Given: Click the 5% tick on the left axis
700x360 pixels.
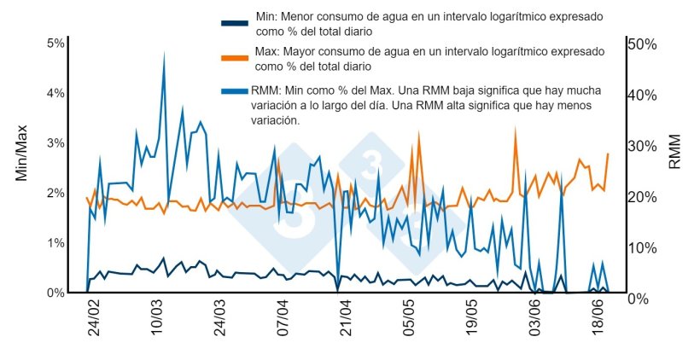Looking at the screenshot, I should pos(55,44).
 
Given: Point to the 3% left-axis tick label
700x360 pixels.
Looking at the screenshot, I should pos(55,142).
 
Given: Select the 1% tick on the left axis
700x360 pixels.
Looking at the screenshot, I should pos(55,243).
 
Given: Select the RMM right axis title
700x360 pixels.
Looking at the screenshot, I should pos(674,150).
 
